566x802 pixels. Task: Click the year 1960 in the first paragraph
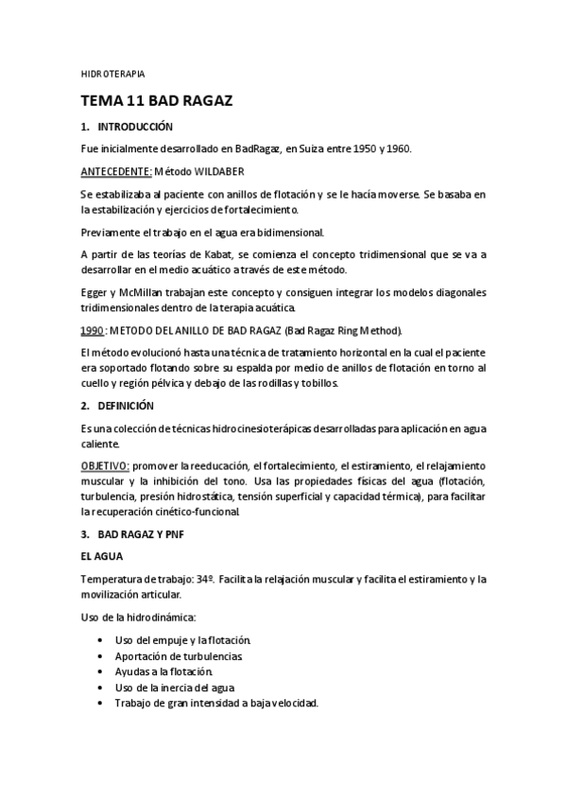pos(397,148)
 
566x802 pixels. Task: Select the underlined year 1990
pos(92,330)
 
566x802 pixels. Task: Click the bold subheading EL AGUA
pos(101,556)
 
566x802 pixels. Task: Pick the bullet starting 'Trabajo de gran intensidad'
pos(216,703)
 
